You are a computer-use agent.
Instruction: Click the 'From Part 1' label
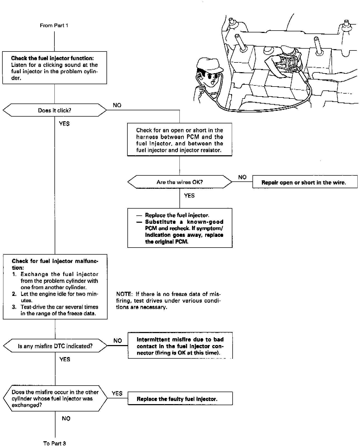54,25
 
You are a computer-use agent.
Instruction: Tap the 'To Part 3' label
54,443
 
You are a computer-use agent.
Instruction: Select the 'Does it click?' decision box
55,110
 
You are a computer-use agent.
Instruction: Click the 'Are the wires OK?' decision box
179,182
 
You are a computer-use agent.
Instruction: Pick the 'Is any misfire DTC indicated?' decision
55,346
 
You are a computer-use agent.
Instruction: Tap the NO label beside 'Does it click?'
117,105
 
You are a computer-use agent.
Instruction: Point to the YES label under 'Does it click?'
64,123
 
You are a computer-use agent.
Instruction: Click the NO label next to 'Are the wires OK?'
242,177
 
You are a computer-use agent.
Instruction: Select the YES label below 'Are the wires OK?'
189,195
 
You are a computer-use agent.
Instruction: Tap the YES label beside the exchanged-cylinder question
117,393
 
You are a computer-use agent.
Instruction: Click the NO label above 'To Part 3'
66,418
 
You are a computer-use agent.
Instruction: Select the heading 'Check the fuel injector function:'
52,58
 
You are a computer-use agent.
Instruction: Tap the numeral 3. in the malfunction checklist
14,307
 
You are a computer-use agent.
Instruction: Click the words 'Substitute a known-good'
184,222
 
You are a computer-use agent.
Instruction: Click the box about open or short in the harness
179,140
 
